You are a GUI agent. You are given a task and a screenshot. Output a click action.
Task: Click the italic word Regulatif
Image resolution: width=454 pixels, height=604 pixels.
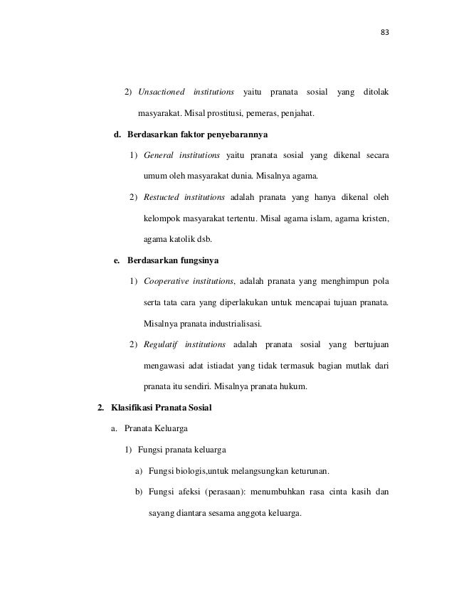pos(161,346)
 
